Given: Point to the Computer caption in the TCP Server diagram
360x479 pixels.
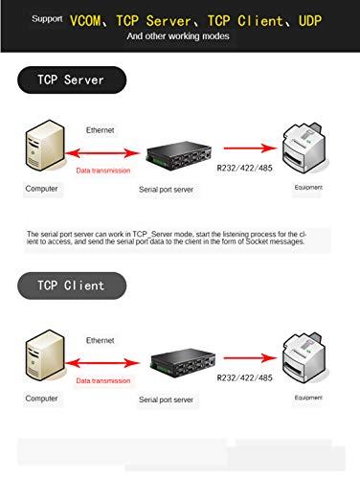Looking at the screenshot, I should point(41,189).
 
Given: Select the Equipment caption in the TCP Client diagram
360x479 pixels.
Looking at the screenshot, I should point(307,397).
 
